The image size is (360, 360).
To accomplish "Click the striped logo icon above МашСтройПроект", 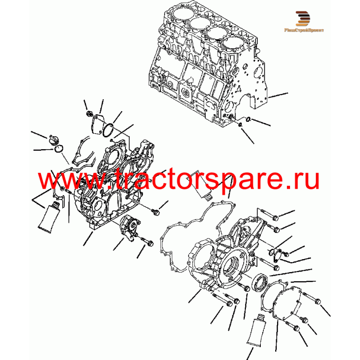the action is [302, 19].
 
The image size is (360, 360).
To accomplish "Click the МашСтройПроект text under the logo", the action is [304, 30].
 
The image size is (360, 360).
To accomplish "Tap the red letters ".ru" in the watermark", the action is [302, 180].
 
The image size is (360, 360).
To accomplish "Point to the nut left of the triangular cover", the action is [89, 113].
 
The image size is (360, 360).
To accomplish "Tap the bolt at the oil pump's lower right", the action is [148, 242].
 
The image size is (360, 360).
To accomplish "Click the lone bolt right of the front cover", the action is [155, 212].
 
